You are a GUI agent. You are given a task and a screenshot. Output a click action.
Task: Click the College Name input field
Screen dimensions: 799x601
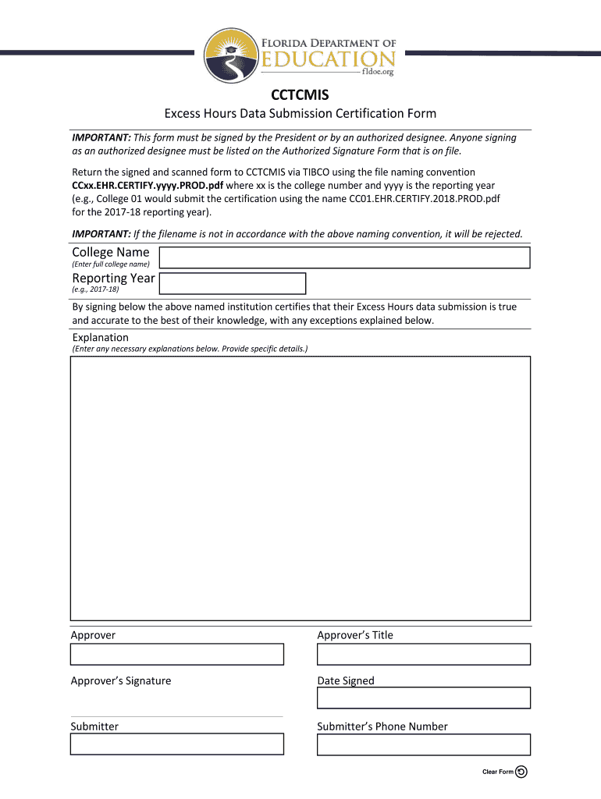point(344,257)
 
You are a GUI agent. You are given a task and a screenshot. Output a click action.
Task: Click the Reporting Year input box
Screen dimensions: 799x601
point(232,283)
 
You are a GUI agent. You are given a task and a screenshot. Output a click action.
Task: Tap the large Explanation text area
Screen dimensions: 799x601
point(300,488)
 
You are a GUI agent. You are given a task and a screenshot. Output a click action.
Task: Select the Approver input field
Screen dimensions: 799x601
point(177,654)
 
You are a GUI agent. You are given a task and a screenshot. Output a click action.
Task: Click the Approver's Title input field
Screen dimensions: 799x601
point(423,654)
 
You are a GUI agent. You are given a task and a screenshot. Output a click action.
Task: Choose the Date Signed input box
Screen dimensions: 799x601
point(423,698)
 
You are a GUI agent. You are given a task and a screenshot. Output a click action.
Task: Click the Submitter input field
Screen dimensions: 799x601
point(177,744)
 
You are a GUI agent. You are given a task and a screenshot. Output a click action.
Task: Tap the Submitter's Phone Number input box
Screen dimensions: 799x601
point(423,744)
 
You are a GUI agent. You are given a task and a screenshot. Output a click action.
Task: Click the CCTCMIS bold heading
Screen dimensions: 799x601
point(300,95)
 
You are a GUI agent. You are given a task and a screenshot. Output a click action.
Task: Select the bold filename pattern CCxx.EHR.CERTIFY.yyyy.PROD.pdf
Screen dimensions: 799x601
point(148,186)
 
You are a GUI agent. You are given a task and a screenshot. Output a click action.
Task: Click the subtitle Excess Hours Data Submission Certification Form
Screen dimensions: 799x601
point(300,114)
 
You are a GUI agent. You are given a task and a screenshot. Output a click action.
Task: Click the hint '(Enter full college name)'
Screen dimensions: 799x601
point(110,265)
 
